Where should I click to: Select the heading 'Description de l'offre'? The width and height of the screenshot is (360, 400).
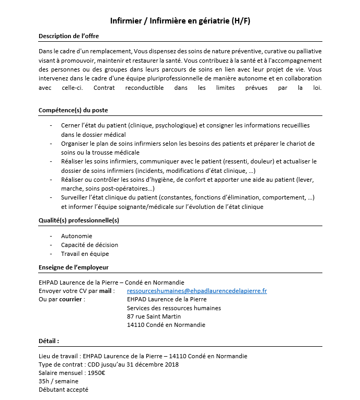coord(68,36)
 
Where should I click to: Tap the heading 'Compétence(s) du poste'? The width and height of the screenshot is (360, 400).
coord(73,110)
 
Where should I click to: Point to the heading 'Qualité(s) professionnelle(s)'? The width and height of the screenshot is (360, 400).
coord(79,220)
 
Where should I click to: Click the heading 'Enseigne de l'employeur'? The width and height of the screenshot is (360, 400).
coord(73,267)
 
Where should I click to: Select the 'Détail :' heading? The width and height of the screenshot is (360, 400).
coord(49,341)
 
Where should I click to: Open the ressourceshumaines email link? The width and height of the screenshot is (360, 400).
coord(197,291)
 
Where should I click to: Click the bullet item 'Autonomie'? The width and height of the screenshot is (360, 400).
coord(76,236)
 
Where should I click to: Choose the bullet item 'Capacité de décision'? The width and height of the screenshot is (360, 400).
coord(89,245)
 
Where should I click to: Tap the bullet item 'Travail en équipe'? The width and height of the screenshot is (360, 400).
coord(85,254)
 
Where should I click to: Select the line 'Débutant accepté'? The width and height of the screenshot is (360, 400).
coord(63,390)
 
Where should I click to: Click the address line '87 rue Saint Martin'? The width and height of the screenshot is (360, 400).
coord(154,316)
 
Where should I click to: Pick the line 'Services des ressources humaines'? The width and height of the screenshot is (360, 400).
coord(173,308)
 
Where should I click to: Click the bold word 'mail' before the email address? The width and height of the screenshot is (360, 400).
coord(106,291)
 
